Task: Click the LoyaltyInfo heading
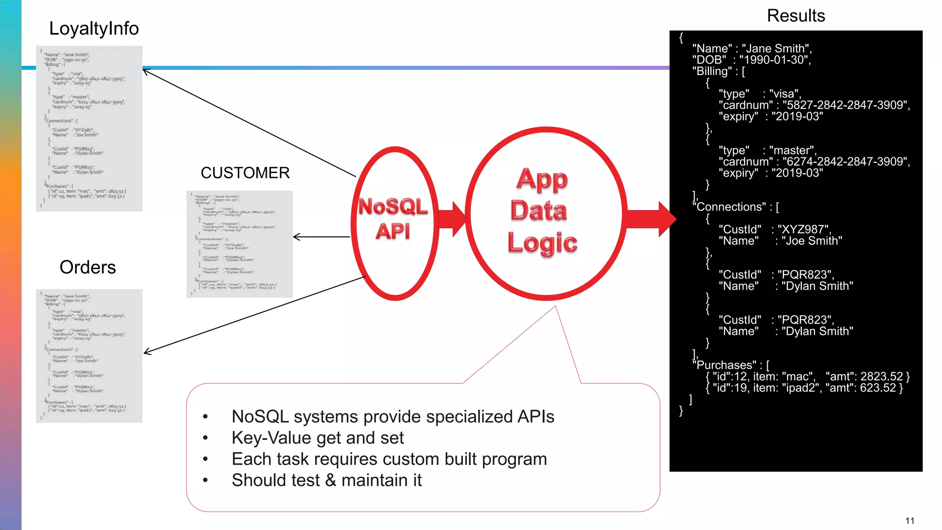pos(94,29)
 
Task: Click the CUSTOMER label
pos(245,173)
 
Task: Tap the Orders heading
pos(87,267)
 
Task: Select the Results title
pos(796,16)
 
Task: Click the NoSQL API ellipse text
pos(393,219)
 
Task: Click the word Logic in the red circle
pos(542,242)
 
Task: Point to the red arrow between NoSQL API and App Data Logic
pos(453,219)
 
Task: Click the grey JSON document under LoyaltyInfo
pos(89,128)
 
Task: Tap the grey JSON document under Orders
pos(89,356)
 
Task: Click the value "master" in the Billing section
pos(791,150)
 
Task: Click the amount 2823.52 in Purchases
pos(881,376)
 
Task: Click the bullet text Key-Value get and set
pos(317,438)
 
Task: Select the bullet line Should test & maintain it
pos(327,480)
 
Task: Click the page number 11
pos(909,521)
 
